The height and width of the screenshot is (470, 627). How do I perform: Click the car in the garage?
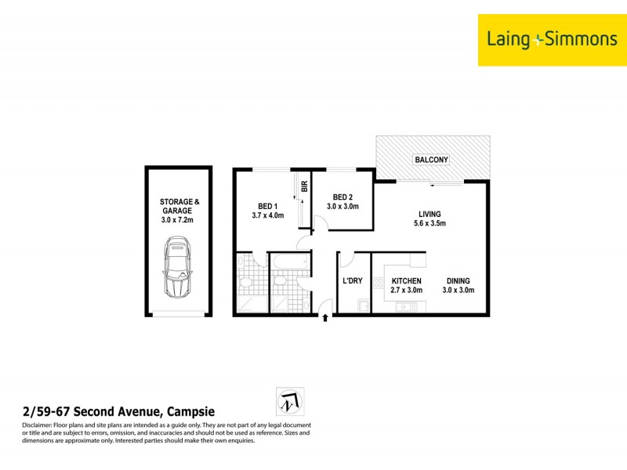click(179, 269)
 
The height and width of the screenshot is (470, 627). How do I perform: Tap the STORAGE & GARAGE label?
click(179, 206)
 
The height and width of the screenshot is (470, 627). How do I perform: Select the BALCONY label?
click(432, 160)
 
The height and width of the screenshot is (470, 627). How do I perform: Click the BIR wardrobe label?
click(304, 187)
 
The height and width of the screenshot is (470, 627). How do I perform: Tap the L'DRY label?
click(353, 280)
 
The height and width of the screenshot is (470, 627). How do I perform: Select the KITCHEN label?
click(406, 280)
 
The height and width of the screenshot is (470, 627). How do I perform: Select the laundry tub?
click(363, 307)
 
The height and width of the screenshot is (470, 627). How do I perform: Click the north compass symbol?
click(290, 401)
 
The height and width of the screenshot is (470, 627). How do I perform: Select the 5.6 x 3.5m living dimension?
click(429, 223)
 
